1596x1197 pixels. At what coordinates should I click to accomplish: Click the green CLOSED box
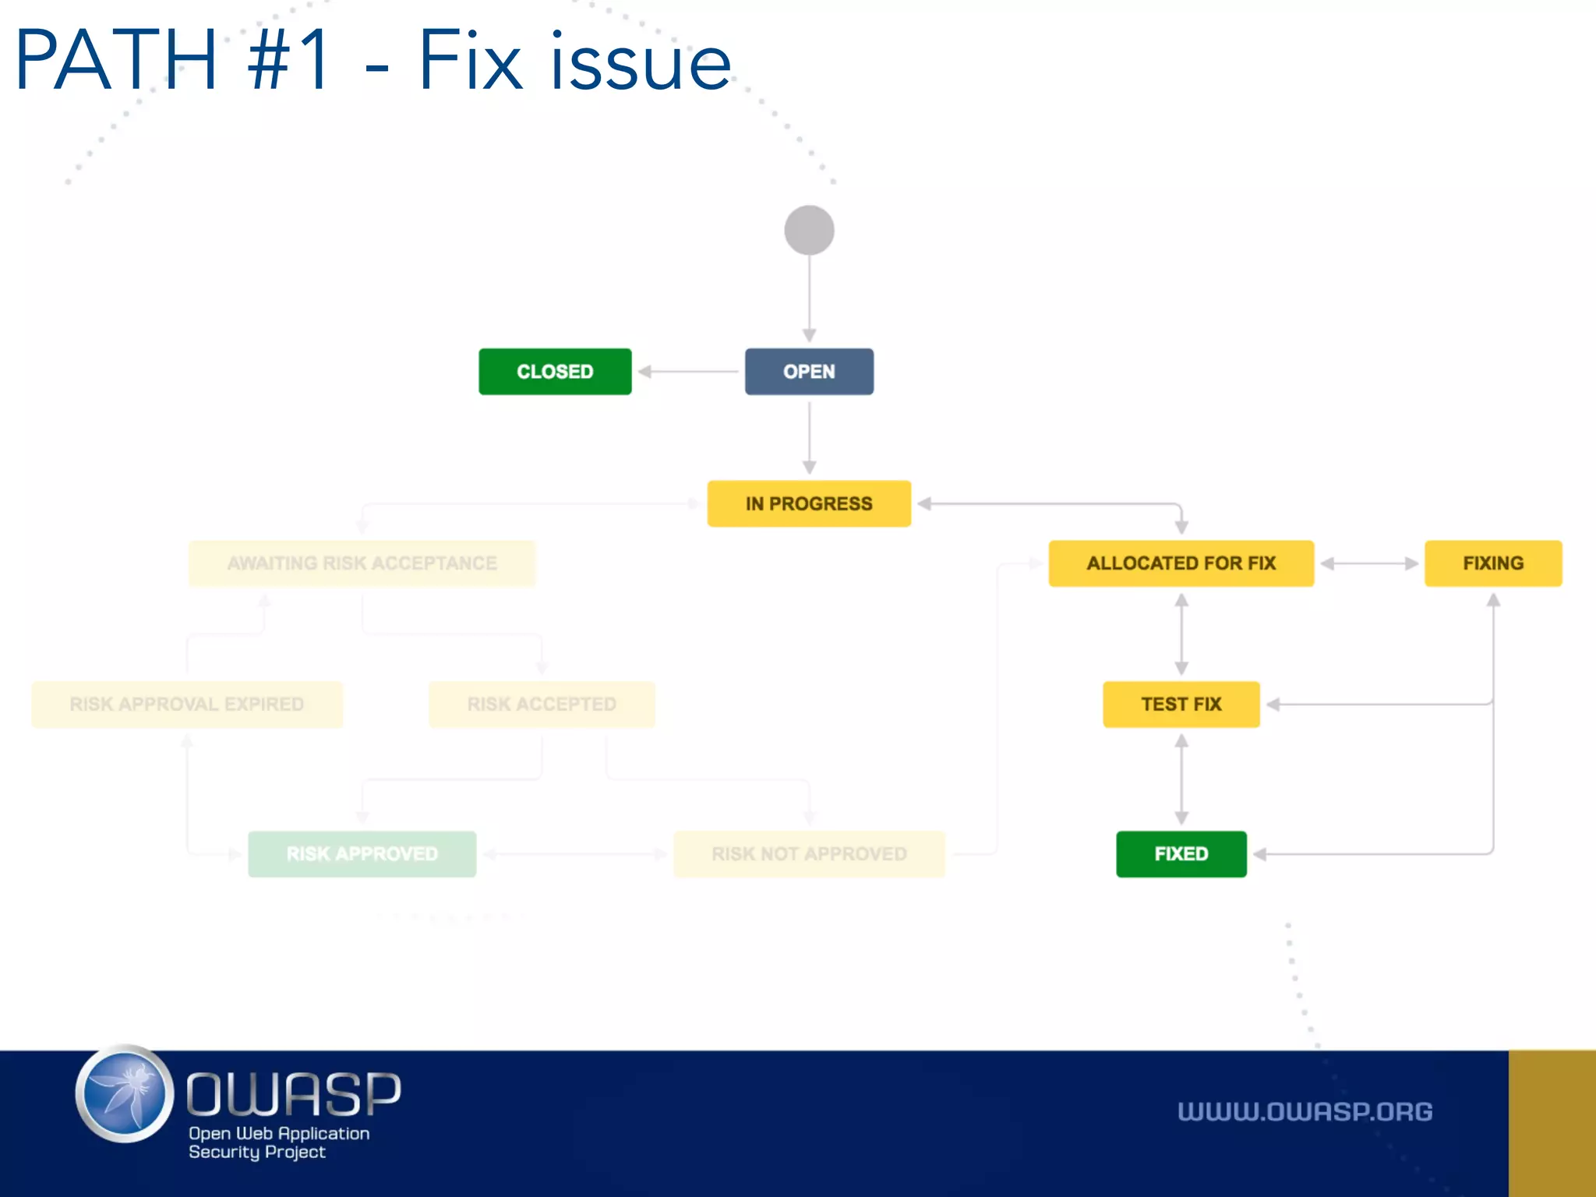click(555, 372)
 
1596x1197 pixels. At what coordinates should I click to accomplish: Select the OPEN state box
click(809, 372)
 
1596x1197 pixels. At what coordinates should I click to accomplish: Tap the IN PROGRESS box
click(809, 503)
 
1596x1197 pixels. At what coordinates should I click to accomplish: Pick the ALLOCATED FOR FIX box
click(1181, 563)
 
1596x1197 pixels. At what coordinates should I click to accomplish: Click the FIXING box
click(1492, 563)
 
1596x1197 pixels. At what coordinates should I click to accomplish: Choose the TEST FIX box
click(1181, 704)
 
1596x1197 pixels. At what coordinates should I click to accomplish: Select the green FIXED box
click(1181, 854)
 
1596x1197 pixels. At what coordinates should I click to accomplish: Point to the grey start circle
click(809, 230)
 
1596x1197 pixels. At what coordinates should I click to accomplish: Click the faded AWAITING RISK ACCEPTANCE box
click(362, 563)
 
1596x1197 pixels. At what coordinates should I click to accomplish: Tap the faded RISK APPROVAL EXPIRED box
click(186, 704)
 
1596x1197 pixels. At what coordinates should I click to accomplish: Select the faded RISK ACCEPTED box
click(542, 704)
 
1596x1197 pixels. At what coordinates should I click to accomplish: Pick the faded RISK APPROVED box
click(362, 854)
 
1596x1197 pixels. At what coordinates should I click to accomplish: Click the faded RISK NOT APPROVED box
click(809, 854)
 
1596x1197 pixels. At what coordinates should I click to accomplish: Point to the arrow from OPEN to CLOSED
click(687, 372)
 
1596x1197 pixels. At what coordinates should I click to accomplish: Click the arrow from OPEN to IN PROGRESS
click(809, 436)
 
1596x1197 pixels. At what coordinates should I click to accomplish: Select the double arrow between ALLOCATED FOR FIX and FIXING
click(1369, 563)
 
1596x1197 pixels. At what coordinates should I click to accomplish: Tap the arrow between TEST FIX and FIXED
click(1181, 779)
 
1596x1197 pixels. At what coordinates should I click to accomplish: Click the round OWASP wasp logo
click(125, 1093)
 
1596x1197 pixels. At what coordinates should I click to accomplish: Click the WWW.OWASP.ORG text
click(1305, 1111)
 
